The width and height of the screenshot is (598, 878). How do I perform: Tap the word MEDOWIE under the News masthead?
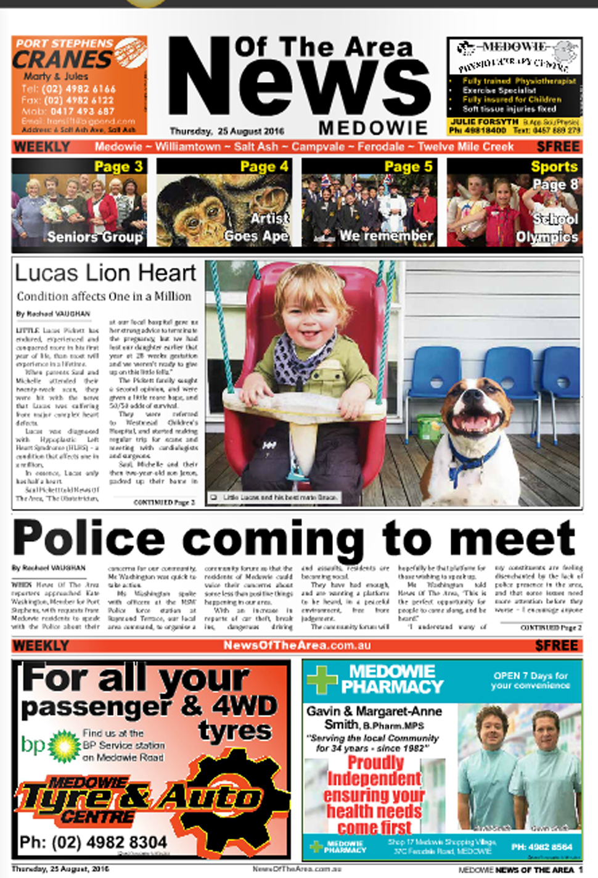coord(372,128)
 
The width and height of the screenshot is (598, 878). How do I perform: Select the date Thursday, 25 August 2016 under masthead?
coord(227,131)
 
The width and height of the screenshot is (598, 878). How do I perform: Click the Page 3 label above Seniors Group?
coord(118,167)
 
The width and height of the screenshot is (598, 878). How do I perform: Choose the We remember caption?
coord(386,236)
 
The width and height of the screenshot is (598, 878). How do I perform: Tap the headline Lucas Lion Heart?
coord(105,273)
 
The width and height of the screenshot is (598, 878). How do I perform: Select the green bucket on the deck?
coord(430,426)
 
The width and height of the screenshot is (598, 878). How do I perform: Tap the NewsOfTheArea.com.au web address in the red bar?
coord(297,645)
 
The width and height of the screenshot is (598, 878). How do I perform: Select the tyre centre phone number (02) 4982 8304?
coord(94,842)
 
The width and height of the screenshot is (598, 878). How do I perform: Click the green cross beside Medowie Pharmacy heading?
coord(322,679)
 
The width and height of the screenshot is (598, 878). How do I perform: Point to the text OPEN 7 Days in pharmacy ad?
coord(530,676)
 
